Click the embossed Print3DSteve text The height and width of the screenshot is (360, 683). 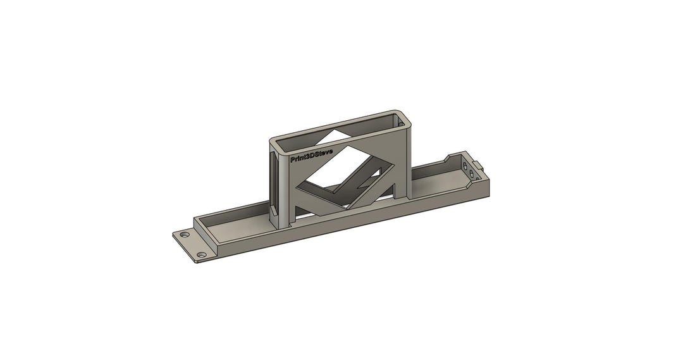312,156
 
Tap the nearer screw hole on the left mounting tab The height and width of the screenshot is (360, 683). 201,254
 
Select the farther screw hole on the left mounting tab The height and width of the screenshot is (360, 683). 185,235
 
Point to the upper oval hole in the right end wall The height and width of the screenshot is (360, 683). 465,166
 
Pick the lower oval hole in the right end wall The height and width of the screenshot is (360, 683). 471,174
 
